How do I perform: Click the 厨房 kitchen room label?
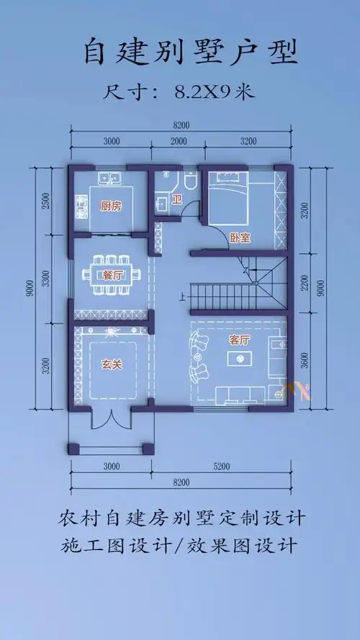pyautogui.click(x=110, y=207)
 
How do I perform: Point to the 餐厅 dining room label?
pyautogui.click(x=112, y=274)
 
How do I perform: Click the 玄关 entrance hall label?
pyautogui.click(x=112, y=364)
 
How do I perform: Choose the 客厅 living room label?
pyautogui.click(x=239, y=340)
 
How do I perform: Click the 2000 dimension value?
pyautogui.click(x=179, y=142)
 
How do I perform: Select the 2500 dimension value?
pyautogui.click(x=47, y=200)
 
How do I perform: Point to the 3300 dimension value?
pyautogui.click(x=47, y=276)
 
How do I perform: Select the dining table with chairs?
pyautogui.click(x=112, y=274)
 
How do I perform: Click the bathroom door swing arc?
pyautogui.click(x=189, y=207)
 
